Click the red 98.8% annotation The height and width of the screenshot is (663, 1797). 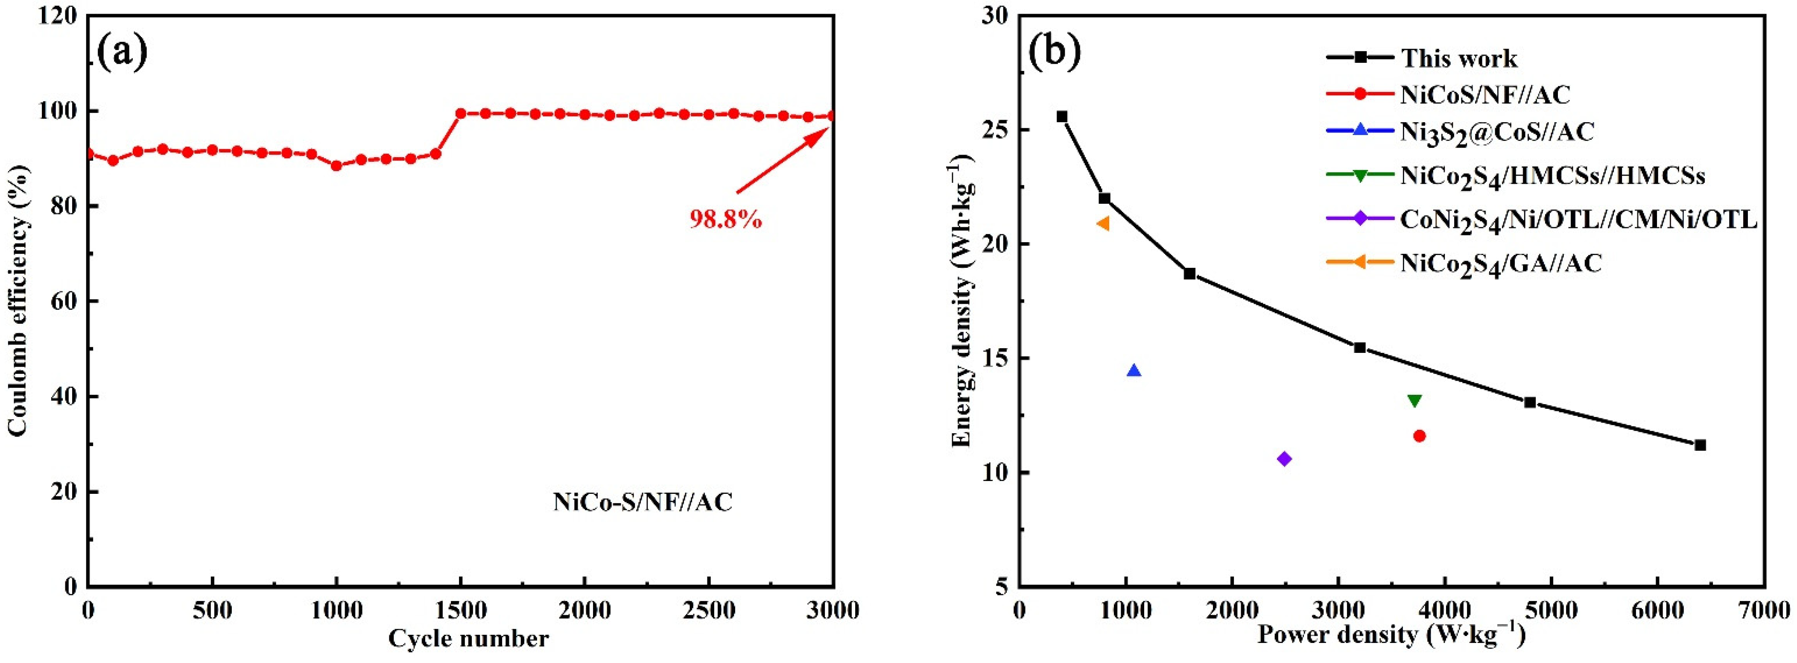[725, 220]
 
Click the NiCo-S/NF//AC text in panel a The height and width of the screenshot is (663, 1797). [643, 502]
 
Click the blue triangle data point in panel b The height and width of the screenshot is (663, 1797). [1134, 370]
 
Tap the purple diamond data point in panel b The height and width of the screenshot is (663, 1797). [1284, 458]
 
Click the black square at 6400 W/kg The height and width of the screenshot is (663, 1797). [1700, 445]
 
